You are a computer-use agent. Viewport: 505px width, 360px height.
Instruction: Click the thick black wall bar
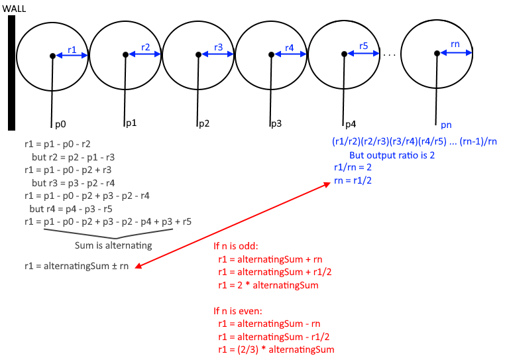pos(11,72)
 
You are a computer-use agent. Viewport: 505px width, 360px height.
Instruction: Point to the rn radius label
pos(455,44)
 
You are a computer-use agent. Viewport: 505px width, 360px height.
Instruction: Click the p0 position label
pos(60,124)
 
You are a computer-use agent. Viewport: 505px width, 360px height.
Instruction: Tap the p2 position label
pos(204,123)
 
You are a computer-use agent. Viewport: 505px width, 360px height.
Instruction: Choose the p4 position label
pos(350,124)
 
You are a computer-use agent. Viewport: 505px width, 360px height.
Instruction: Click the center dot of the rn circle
pos(436,54)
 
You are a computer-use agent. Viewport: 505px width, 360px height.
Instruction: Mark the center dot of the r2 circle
pos(126,55)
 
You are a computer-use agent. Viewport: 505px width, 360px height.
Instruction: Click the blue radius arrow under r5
pos(363,54)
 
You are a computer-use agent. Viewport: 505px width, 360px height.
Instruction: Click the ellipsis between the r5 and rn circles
pos(390,55)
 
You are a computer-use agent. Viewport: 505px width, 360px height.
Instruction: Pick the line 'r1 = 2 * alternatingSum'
pos(268,285)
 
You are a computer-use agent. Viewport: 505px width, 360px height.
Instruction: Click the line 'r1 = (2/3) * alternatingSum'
pos(276,349)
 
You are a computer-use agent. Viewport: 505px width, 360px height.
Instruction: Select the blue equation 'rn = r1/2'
pos(353,180)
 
